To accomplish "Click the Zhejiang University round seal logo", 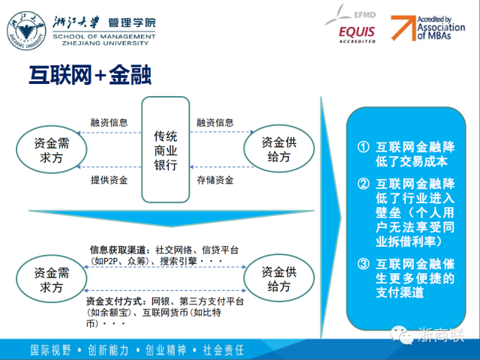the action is pyautogui.click(x=27, y=31).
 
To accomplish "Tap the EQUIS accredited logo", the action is pyautogui.click(x=357, y=34).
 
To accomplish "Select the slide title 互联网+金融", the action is pyautogui.click(x=90, y=75).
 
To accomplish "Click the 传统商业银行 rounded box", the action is pyautogui.click(x=166, y=150).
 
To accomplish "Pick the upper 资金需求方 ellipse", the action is pyautogui.click(x=52, y=149).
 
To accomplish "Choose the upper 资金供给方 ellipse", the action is pyautogui.click(x=279, y=148).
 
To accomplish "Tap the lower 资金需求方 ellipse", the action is pyautogui.click(x=52, y=279).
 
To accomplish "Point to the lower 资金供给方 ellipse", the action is pyautogui.click(x=279, y=278).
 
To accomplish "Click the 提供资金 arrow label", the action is pyautogui.click(x=109, y=180).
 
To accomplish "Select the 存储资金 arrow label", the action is pyautogui.click(x=215, y=180).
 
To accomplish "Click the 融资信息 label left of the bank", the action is pyautogui.click(x=109, y=122).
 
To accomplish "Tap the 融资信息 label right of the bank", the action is pyautogui.click(x=215, y=122).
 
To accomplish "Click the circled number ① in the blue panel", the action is pyautogui.click(x=363, y=147).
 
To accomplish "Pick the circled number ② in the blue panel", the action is pyautogui.click(x=363, y=184).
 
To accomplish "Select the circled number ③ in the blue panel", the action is pyautogui.click(x=363, y=263).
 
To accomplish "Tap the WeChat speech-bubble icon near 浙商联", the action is pyautogui.click(x=402, y=335).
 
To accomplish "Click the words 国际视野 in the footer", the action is pyautogui.click(x=51, y=350).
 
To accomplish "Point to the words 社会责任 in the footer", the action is pyautogui.click(x=223, y=350).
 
